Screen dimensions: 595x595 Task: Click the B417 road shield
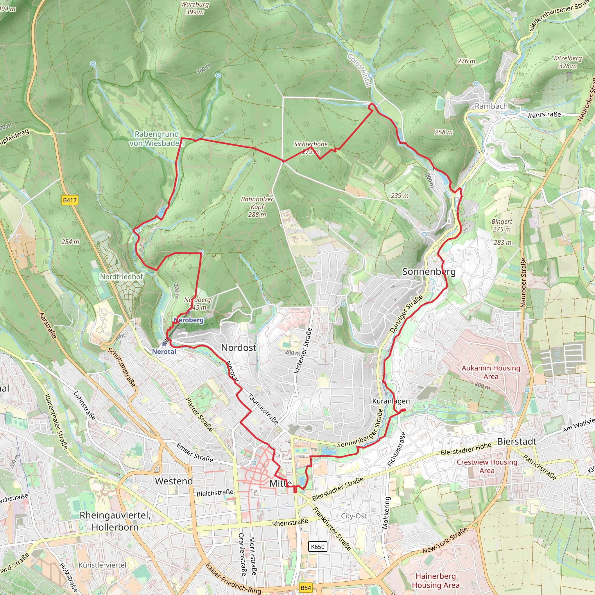coord(70,200)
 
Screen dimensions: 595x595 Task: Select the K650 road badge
coord(318,546)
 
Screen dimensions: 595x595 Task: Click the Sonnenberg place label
coord(429,272)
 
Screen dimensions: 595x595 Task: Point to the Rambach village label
coord(491,106)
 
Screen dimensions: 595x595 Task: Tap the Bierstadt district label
coord(517,441)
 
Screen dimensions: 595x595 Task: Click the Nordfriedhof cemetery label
coord(121,277)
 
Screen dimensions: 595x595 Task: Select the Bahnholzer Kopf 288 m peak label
coord(257,207)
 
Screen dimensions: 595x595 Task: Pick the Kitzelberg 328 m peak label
coord(568,62)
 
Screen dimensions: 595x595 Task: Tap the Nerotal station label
coord(164,352)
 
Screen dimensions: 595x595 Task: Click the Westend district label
coord(174,481)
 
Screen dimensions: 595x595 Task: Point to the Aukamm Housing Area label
coord(491,372)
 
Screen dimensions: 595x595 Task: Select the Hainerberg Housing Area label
coord(435,580)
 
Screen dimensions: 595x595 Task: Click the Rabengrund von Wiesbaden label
coord(157,139)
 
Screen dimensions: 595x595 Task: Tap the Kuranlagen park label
coord(391,401)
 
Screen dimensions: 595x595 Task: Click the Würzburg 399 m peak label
coord(195,8)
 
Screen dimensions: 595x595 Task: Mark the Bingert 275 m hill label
coord(502,225)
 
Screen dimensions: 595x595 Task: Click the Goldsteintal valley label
coord(359,71)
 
